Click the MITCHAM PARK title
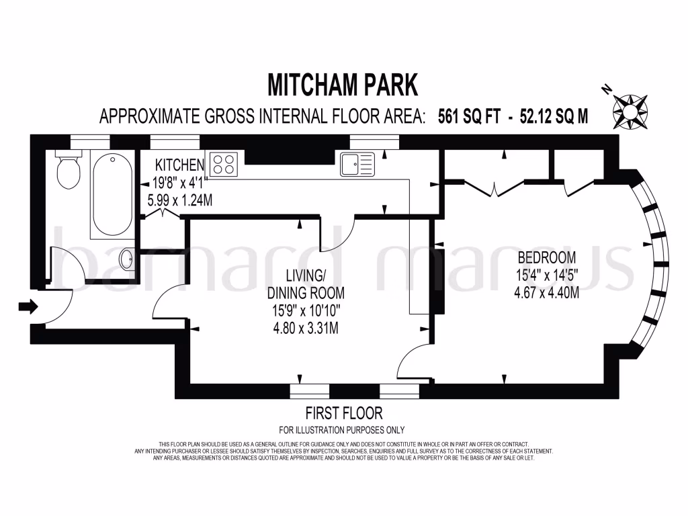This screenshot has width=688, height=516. pyautogui.click(x=343, y=85)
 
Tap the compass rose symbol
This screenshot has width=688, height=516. pyautogui.click(x=630, y=107)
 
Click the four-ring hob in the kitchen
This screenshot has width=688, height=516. pyautogui.click(x=224, y=164)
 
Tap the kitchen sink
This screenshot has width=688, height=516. pyautogui.click(x=357, y=163)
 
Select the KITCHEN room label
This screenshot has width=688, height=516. pyautogui.click(x=179, y=165)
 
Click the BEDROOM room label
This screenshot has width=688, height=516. pyautogui.click(x=546, y=257)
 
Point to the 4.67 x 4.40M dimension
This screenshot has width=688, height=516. pyautogui.click(x=546, y=292)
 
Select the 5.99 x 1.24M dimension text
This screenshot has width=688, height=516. pyautogui.click(x=180, y=200)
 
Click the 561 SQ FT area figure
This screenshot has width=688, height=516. pyautogui.click(x=469, y=116)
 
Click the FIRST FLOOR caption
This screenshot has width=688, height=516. pyautogui.click(x=343, y=413)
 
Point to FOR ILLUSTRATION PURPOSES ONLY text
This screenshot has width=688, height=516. pyautogui.click(x=342, y=430)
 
